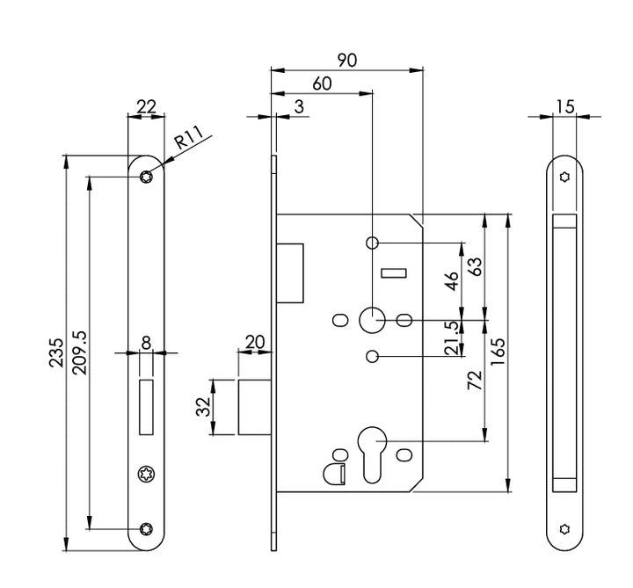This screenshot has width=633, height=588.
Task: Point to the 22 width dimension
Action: [146, 106]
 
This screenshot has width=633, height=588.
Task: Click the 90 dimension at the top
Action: [346, 60]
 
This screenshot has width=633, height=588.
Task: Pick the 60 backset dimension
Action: [322, 83]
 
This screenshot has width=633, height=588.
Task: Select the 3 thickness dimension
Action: [299, 107]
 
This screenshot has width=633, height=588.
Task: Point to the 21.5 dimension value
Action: [452, 338]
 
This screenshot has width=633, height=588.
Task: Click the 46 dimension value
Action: [452, 282]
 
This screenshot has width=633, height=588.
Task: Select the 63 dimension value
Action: [475, 268]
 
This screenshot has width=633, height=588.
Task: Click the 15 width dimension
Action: [564, 106]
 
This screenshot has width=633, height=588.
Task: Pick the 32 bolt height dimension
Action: [202, 407]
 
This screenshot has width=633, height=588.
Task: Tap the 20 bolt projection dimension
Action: [256, 341]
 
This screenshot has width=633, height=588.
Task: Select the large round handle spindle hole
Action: [372, 319]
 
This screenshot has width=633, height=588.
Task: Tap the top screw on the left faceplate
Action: [146, 178]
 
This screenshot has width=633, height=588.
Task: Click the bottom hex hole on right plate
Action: [564, 529]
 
